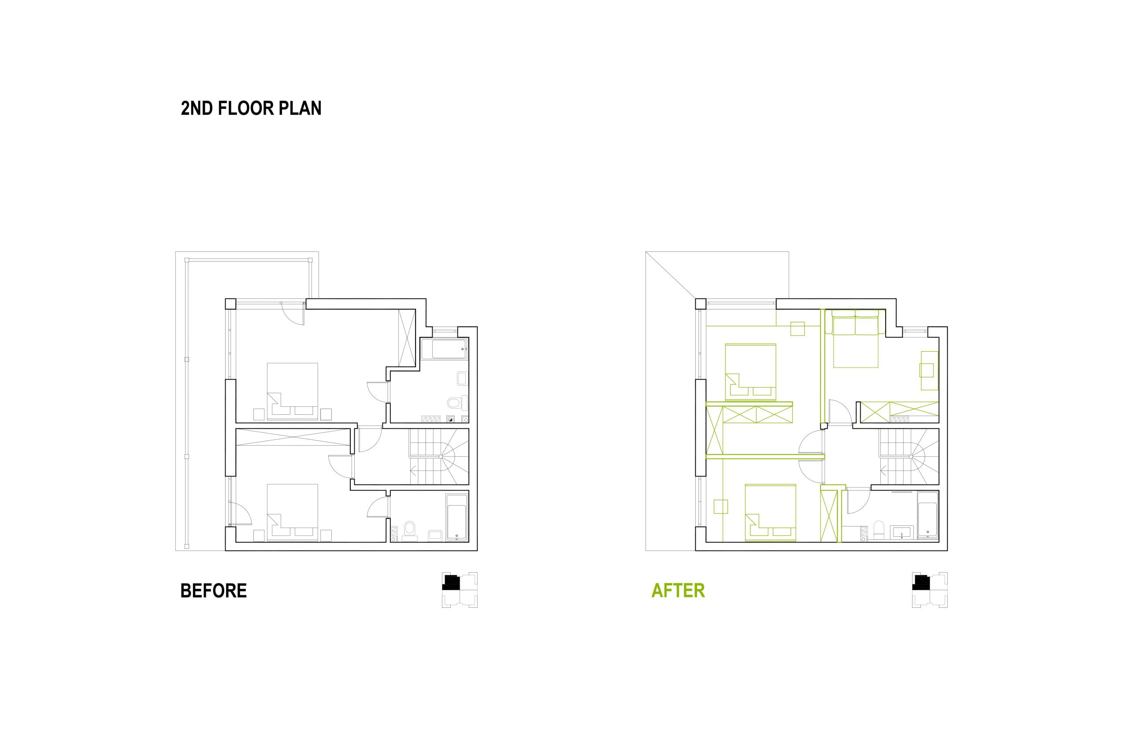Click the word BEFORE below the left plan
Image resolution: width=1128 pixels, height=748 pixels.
coord(213,591)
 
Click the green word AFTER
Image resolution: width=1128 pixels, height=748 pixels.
coord(678,591)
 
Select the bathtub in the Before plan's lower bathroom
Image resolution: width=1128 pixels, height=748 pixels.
coord(457,517)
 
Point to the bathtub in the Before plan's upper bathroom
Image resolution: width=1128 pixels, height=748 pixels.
coord(444,349)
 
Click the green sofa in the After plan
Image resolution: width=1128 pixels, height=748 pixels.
coord(855,323)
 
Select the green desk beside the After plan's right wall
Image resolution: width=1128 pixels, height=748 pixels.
coord(929,371)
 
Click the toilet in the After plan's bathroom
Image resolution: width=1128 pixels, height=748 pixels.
coord(879,529)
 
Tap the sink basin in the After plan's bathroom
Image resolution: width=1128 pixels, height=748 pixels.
coord(901,532)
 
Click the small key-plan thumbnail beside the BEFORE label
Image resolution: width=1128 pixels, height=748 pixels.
coord(460,590)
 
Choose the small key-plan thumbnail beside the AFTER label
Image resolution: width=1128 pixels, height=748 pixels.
coord(930,590)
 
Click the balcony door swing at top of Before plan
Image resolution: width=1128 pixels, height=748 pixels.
coord(293,313)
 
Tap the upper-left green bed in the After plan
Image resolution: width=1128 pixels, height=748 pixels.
coord(750,372)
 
